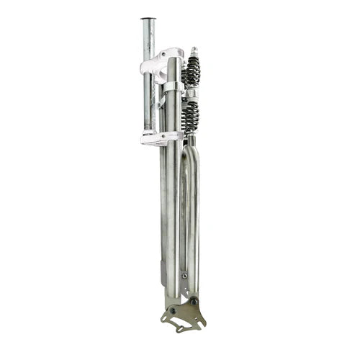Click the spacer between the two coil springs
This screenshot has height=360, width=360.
tap(191, 94)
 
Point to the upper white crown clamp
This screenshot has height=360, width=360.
tap(162, 63)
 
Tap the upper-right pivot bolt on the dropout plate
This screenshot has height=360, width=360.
tap(193, 301)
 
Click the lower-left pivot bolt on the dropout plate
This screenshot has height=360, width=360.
tap(172, 310)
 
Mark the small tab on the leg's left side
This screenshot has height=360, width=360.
tap(162, 272)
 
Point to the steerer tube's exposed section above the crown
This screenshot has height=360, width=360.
tap(148, 40)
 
